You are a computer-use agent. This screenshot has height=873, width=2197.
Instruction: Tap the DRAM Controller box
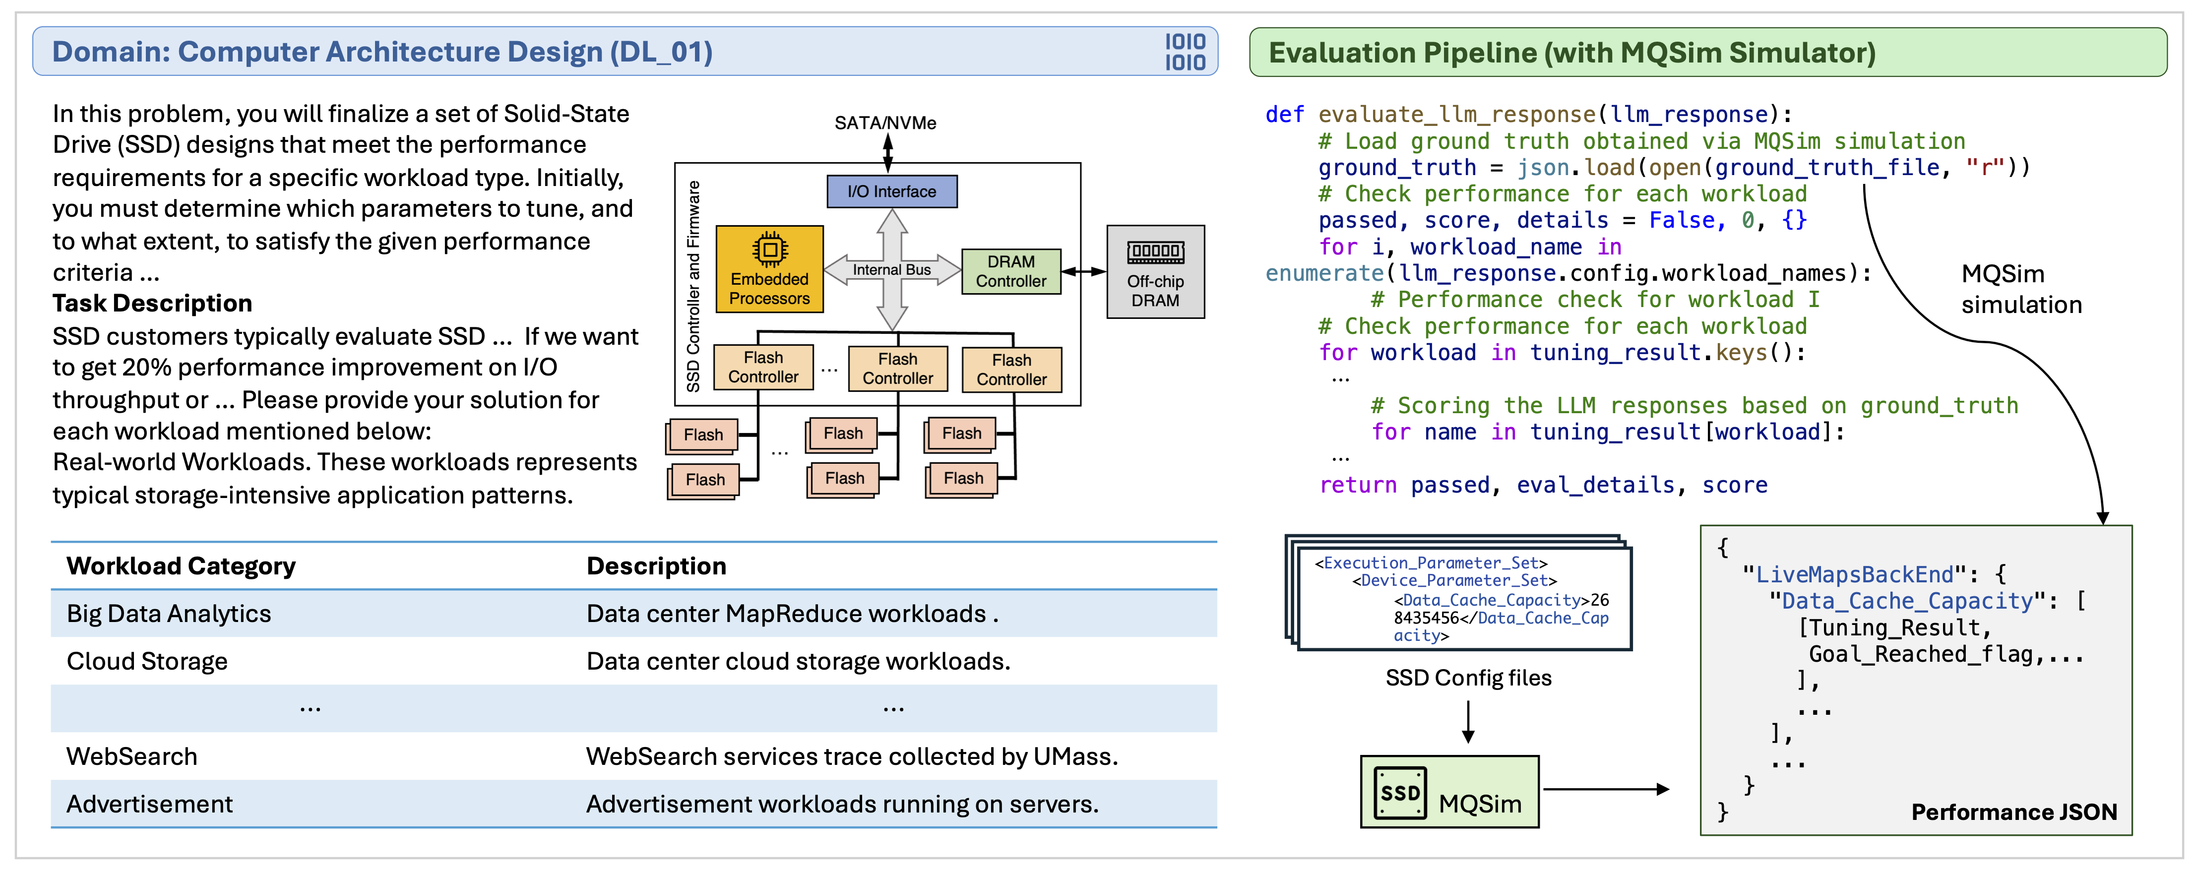click(1010, 272)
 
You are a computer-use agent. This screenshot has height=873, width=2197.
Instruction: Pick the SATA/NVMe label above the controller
click(885, 124)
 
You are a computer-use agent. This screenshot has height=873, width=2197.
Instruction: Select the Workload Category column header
click(181, 566)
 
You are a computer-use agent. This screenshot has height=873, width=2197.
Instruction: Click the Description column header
click(656, 566)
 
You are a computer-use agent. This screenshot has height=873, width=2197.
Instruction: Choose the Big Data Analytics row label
click(169, 614)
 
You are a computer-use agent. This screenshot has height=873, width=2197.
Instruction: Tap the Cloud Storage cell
click(147, 662)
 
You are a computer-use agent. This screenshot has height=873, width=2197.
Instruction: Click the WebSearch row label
click(131, 757)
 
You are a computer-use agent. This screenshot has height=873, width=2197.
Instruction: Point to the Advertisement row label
click(149, 805)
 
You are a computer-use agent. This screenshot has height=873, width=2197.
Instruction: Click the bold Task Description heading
click(152, 304)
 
